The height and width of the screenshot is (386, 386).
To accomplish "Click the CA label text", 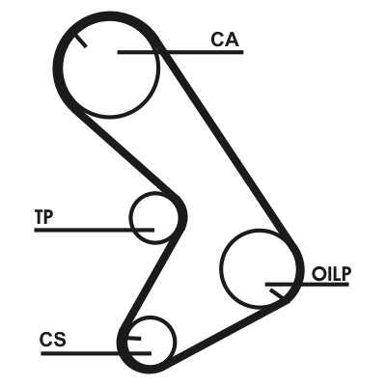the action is point(225,40).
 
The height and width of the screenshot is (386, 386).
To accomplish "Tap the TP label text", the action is point(44,217).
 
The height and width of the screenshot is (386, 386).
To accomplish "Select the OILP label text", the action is point(332,274).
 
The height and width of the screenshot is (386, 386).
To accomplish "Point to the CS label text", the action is point(53,340).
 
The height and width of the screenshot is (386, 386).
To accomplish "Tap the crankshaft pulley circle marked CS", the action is point(177,342).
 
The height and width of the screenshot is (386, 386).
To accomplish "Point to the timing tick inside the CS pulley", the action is point(134,339).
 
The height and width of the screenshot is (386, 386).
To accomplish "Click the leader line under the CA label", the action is point(180,52).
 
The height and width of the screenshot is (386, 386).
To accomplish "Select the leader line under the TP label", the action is point(95,230).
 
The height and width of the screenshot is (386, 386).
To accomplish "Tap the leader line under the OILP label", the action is point(307,285).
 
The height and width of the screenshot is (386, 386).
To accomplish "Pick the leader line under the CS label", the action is point(96,353).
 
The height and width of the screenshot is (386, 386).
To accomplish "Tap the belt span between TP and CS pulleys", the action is point(150,280).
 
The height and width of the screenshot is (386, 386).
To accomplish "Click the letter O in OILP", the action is point(318,274).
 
